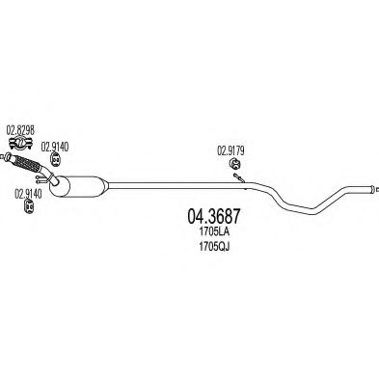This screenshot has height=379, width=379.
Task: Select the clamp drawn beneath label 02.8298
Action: [14, 154]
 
